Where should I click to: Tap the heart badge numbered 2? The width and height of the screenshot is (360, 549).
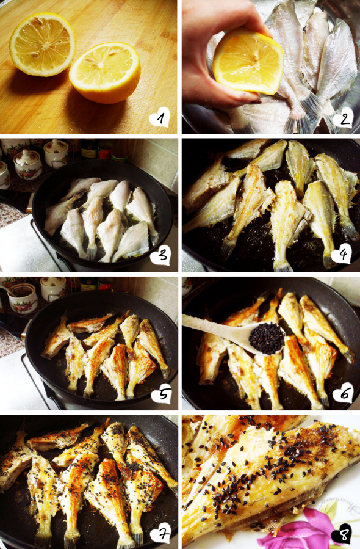(343, 118)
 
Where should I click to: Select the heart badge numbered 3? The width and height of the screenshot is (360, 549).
(160, 255)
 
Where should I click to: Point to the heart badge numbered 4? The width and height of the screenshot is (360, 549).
(342, 253)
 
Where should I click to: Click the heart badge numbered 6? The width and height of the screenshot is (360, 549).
(342, 393)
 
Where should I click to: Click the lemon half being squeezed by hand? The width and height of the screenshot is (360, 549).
(248, 62)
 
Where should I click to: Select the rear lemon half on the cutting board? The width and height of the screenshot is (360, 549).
(42, 44)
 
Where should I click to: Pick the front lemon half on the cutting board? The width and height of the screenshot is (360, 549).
(105, 73)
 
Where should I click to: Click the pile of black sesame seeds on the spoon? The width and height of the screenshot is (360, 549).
(267, 338)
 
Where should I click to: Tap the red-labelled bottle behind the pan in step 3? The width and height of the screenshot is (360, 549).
(104, 149)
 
